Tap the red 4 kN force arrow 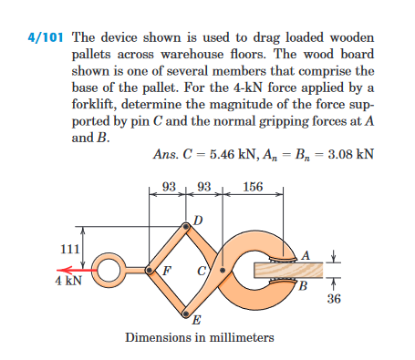click(74, 270)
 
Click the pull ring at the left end click(108, 270)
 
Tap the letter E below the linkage click(195, 320)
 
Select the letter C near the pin click(199, 271)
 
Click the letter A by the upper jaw click(307, 252)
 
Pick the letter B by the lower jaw click(306, 289)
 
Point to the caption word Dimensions click(158, 338)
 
